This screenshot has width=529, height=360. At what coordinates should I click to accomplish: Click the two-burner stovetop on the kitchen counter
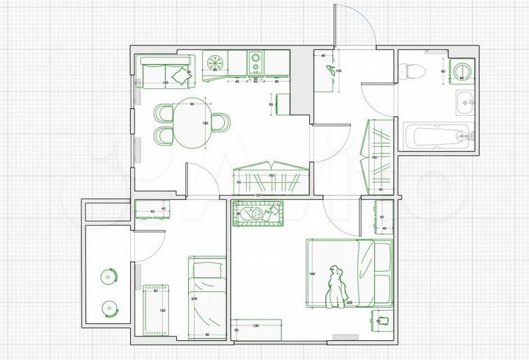tap(256, 62)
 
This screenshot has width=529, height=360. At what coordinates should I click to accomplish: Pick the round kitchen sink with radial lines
tap(215, 62)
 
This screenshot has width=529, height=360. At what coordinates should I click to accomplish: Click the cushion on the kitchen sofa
tap(179, 73)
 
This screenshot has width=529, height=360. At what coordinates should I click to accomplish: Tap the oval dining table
tap(192, 123)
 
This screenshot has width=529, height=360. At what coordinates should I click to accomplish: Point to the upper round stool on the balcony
tap(109, 277)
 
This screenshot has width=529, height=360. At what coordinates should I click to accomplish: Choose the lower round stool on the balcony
tap(109, 308)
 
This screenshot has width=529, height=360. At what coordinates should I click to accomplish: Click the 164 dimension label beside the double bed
tap(312, 273)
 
